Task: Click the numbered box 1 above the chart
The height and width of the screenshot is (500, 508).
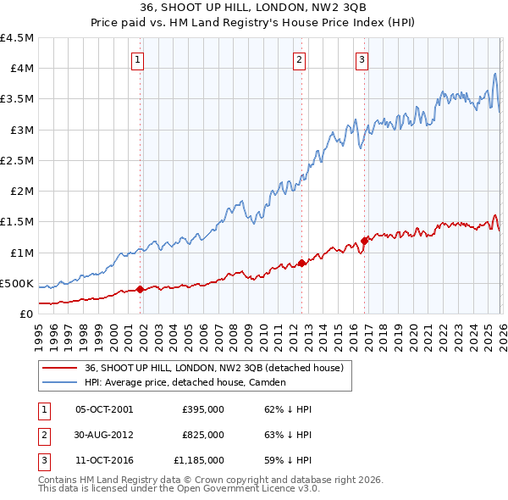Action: point(137,59)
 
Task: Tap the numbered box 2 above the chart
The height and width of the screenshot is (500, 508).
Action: point(300,59)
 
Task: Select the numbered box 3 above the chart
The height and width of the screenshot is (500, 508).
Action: point(362,59)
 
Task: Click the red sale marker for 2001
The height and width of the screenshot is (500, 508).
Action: point(140,289)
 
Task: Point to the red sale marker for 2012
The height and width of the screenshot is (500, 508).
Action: point(301,263)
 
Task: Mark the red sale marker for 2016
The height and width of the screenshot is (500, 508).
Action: point(364,241)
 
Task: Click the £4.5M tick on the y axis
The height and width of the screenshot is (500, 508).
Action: point(17,38)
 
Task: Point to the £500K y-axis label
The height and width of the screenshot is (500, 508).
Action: point(17,283)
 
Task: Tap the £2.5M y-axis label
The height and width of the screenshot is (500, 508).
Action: point(17,160)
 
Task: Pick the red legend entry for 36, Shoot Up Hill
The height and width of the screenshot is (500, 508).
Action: point(213,368)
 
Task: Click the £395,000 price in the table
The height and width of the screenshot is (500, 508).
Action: point(203,409)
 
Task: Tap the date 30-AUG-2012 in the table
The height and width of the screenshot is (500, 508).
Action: point(104,435)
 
